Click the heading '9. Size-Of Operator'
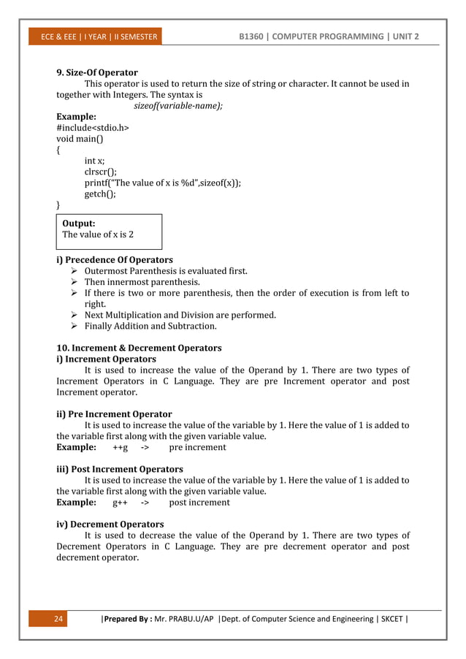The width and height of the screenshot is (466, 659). pos(97,73)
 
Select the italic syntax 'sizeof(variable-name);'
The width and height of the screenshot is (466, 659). pos(178,105)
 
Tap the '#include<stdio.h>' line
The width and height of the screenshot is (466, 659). pos(93,127)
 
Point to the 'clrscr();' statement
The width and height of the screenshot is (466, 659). pos(101,172)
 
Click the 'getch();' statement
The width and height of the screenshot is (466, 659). pos(100,194)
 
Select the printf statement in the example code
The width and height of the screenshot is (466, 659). pos(163,183)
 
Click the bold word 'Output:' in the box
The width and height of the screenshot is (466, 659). pos(79,224)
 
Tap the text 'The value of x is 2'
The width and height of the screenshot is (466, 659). pos(98,235)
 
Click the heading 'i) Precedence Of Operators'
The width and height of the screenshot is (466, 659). pos(115,260)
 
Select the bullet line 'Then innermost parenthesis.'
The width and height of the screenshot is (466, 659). pos(142,282)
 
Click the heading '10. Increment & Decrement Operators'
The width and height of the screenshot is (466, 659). pos(139,348)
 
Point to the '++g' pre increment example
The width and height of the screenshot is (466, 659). pos(121,447)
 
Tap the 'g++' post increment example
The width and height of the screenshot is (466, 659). pos(121,503)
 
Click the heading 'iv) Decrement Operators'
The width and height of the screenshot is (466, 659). pos(110,525)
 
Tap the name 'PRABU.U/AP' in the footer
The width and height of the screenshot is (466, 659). pos(192,620)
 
